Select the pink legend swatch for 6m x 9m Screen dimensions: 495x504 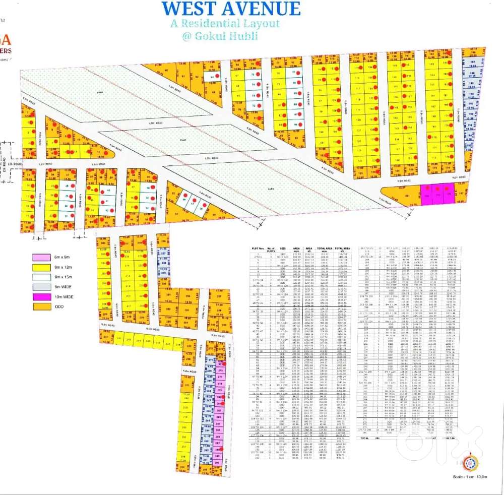click(x=42, y=258)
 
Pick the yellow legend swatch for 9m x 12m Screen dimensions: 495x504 click(x=42, y=267)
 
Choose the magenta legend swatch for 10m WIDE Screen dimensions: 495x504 click(x=42, y=297)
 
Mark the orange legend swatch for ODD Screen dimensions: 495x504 click(x=42, y=306)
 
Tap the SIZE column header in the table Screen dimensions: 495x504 click(x=283, y=249)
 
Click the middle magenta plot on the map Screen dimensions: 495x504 click(x=437, y=194)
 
